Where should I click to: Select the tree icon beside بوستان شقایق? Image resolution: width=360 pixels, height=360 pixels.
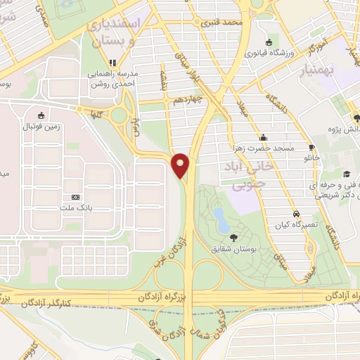coord(233,237)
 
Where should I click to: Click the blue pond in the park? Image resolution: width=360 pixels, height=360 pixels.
coord(221,219)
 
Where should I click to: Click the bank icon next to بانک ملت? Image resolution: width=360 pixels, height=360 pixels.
coord(76,197)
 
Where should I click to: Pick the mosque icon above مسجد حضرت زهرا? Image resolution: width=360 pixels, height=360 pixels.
coord(264,137)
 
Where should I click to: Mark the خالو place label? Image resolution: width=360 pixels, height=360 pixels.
coord(311,157)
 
